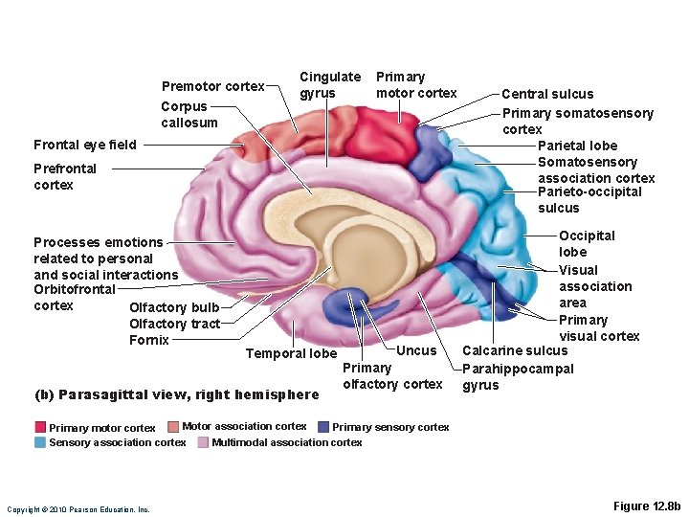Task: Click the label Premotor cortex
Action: pyautogui.click(x=212, y=86)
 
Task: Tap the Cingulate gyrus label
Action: pyautogui.click(x=330, y=84)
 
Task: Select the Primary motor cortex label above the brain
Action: pyautogui.click(x=416, y=84)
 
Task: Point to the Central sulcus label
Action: pyautogui.click(x=547, y=94)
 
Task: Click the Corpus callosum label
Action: pyautogui.click(x=189, y=115)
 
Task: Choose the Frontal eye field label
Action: pyautogui.click(x=84, y=146)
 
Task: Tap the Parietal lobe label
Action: pyautogui.click(x=577, y=146)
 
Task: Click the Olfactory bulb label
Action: pyautogui.click(x=174, y=307)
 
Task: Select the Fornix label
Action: pyautogui.click(x=148, y=340)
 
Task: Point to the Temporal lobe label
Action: pyautogui.click(x=291, y=353)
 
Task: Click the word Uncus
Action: pyautogui.click(x=415, y=350)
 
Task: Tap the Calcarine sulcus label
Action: pyautogui.click(x=515, y=350)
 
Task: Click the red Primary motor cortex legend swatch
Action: pyautogui.click(x=41, y=427)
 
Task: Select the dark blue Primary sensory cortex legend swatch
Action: pyautogui.click(x=323, y=427)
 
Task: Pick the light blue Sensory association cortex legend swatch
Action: pyautogui.click(x=41, y=442)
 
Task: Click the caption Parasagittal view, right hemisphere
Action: pyautogui.click(x=176, y=394)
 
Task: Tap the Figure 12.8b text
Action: pyautogui.click(x=646, y=505)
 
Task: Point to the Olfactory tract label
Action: pyautogui.click(x=174, y=324)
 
